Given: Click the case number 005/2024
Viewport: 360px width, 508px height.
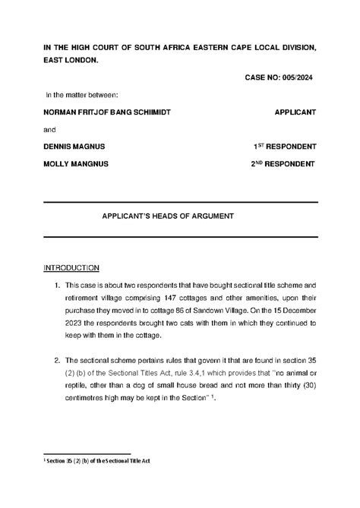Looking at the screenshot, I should (296, 77).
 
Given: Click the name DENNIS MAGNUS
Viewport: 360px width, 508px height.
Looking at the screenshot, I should (74, 146).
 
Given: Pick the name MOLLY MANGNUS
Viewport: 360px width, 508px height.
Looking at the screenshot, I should (76, 163).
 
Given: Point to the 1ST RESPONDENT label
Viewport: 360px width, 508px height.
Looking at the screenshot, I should (285, 146).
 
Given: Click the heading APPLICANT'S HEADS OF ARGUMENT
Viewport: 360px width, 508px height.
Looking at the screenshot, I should (168, 216).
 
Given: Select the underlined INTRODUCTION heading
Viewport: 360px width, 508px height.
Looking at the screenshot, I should (71, 269).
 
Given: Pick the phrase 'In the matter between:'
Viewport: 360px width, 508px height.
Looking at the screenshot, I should (82, 95).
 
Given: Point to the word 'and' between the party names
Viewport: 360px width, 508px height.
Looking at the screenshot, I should (50, 129).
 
